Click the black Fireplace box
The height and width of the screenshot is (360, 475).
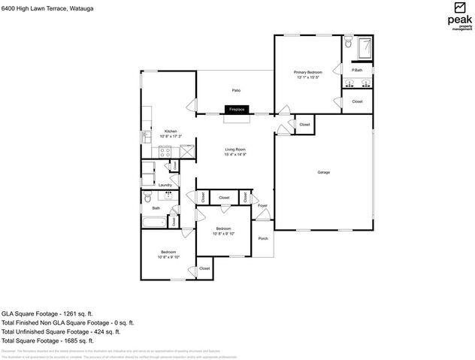(236, 110)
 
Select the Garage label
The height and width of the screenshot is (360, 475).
(323, 172)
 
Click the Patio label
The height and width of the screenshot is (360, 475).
(235, 90)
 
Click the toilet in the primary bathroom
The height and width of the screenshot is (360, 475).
(347, 45)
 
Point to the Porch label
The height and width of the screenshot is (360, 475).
(263, 238)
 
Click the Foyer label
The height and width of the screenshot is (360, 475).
(262, 205)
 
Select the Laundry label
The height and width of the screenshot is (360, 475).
(165, 185)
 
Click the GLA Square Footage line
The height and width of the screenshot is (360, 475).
(47, 313)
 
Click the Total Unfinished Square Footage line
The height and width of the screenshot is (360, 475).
(61, 331)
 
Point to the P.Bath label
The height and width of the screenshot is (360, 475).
(357, 70)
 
